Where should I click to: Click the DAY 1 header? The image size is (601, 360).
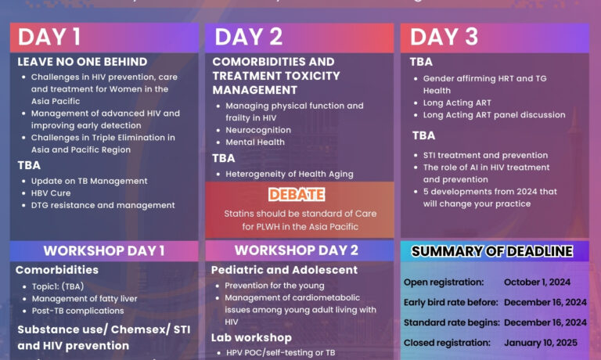(x=49, y=38)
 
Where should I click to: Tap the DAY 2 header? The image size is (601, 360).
(x=249, y=38)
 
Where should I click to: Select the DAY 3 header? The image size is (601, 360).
(x=444, y=38)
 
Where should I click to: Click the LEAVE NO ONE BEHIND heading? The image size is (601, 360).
(x=82, y=62)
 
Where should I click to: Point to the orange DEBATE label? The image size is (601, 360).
(x=297, y=194)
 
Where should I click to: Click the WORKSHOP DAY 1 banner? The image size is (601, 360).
(x=103, y=250)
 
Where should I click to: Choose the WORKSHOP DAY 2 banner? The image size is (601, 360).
(x=297, y=250)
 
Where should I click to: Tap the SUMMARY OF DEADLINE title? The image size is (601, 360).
(x=492, y=251)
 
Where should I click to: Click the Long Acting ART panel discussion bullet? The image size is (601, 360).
(x=494, y=115)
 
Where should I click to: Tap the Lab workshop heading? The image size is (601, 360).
(x=251, y=337)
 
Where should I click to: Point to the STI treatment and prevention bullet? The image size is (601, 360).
(x=485, y=155)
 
